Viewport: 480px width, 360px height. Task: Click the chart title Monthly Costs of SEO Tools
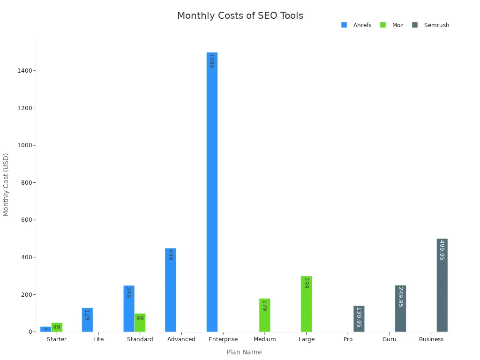pyautogui.click(x=240, y=16)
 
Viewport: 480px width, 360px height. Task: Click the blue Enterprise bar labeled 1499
pyautogui.click(x=212, y=192)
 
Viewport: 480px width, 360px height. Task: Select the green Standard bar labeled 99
pyautogui.click(x=140, y=322)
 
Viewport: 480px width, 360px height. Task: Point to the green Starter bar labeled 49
pyautogui.click(x=57, y=327)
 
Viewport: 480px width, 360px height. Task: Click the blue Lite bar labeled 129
pyautogui.click(x=87, y=320)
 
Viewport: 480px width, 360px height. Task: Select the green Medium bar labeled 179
pyautogui.click(x=264, y=315)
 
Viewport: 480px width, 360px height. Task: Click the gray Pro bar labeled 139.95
pyautogui.click(x=359, y=319)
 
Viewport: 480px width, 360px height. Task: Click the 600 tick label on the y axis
pyautogui.click(x=27, y=220)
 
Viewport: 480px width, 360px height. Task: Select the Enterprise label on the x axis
pyautogui.click(x=223, y=339)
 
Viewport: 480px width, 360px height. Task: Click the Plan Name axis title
pyautogui.click(x=244, y=352)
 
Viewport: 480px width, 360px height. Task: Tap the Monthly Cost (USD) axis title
pyautogui.click(x=6, y=185)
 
